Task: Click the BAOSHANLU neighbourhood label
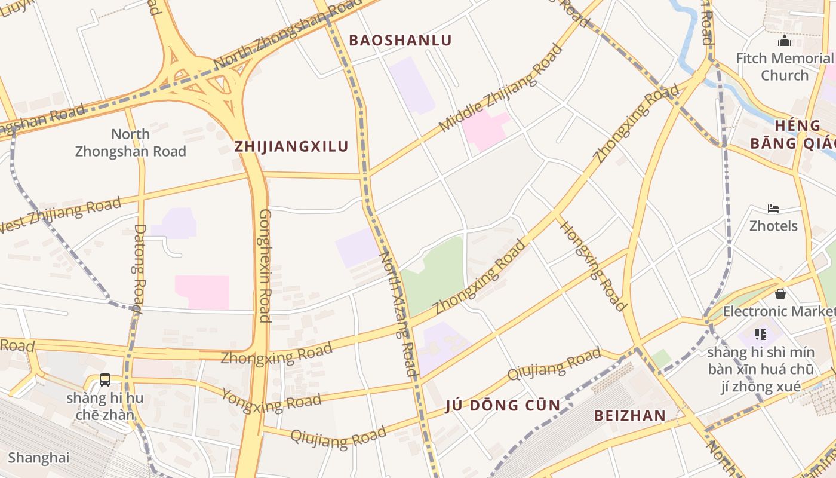click(x=400, y=40)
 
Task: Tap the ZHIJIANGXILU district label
click(x=291, y=146)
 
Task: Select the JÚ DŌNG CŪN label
click(x=503, y=406)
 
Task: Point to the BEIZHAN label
click(x=629, y=416)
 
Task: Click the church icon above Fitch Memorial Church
click(x=784, y=41)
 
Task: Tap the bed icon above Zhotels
click(x=773, y=209)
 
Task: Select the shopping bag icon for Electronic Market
click(x=780, y=294)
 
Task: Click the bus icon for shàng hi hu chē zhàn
click(x=105, y=379)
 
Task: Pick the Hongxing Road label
click(x=592, y=266)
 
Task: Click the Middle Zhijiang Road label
click(x=500, y=88)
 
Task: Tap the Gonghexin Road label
click(x=265, y=265)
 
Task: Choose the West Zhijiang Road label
click(x=60, y=215)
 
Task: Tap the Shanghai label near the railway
click(x=39, y=458)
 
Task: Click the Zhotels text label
click(x=773, y=226)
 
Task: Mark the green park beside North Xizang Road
click(x=433, y=275)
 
